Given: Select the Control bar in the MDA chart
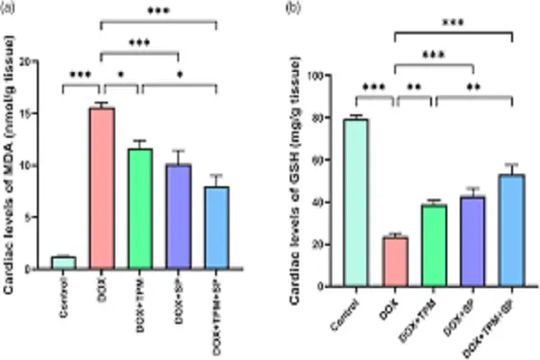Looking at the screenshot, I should coord(63,263).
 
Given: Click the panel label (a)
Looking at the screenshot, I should coord(13,9).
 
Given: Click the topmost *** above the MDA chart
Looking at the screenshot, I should coord(157,11).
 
